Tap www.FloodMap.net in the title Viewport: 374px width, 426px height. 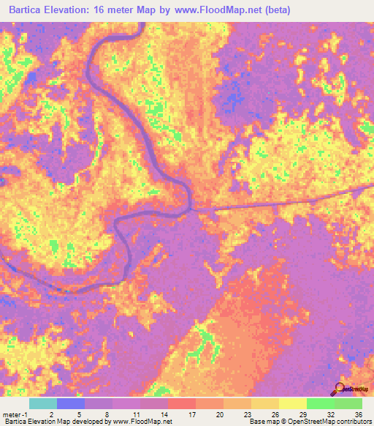221,10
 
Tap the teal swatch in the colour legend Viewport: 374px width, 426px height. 43,403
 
